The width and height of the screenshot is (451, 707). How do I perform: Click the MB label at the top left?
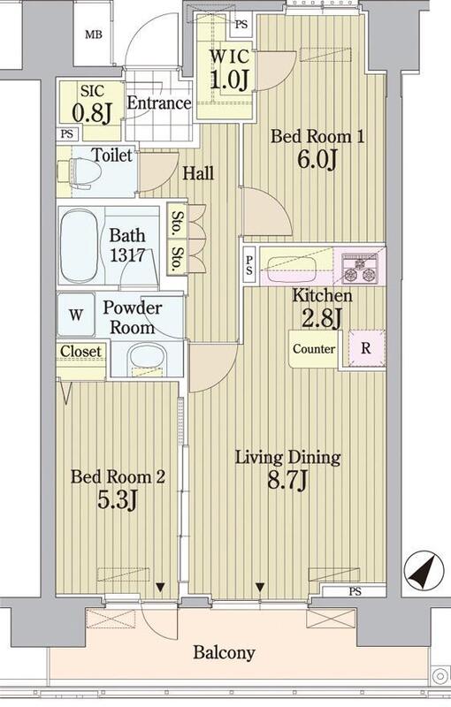94,34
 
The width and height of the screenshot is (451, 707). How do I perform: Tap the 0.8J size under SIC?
93,113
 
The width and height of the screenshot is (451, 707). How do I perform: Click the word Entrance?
159,103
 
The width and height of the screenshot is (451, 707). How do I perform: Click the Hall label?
198,173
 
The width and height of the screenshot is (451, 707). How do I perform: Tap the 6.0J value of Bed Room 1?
317,159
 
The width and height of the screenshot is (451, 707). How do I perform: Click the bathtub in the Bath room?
79,246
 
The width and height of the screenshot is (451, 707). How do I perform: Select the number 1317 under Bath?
127,255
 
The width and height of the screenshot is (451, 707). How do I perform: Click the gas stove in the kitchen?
360,269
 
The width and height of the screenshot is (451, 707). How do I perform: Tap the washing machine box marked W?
76,315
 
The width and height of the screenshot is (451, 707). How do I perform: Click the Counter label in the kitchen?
314,349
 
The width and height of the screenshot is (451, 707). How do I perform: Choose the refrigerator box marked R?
366,348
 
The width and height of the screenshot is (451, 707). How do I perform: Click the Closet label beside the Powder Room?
80,351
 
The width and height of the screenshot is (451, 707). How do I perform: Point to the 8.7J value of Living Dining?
287,481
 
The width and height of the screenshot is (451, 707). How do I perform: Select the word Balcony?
224,653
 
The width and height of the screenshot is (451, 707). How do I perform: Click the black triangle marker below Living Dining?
260,587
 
